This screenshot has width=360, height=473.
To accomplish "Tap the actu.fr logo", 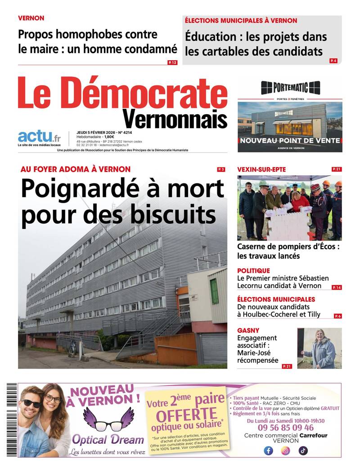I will point(39,137).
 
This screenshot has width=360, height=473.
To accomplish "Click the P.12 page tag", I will point(172,62).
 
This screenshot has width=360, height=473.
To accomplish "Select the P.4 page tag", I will point(333,60).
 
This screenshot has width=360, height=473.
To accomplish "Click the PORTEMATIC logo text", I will point(290,87).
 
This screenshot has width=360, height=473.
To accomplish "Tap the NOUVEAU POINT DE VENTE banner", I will point(290,141).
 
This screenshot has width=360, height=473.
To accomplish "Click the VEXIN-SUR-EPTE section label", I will point(261,170).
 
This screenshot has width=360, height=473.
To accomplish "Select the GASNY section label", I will point(248,330).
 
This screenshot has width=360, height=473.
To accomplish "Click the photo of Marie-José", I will point(319,348).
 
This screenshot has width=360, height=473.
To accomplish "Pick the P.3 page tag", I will point(221,170).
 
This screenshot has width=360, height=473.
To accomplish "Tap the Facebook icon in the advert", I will point(269,451).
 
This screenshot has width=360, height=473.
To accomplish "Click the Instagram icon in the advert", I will point(286,451).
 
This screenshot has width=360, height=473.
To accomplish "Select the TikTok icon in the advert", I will point(303,451).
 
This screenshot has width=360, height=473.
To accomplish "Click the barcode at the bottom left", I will point(12,420).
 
